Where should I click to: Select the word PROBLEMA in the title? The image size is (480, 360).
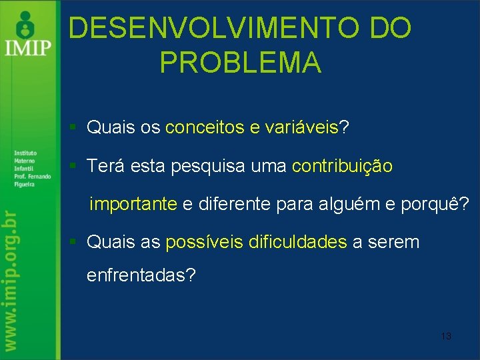241,63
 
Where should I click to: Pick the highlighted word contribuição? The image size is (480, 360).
342,166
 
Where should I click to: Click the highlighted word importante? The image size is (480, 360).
133,203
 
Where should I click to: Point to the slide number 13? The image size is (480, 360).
446,336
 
